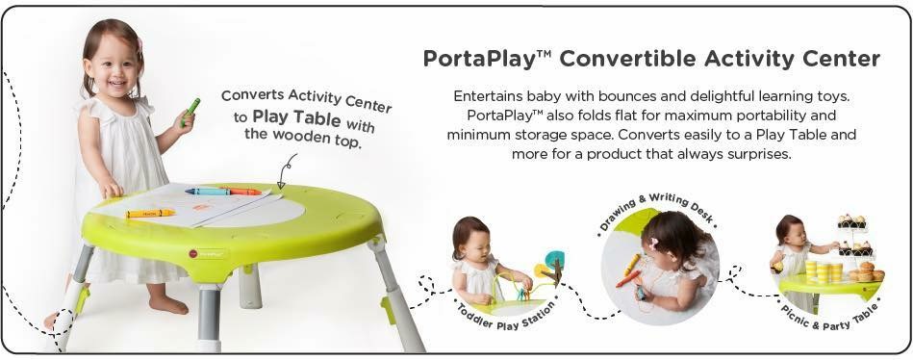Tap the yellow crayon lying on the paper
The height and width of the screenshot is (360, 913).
150,213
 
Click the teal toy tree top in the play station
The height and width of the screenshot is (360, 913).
554,258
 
